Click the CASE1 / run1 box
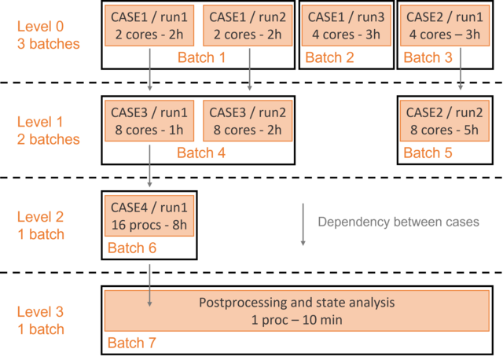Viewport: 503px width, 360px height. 149,26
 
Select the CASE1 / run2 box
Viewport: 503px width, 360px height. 248,26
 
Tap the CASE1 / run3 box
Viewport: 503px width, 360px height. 346,26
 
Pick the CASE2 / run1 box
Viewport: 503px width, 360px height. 445,26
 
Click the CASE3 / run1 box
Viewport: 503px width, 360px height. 149,121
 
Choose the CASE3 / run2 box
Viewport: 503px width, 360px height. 248,121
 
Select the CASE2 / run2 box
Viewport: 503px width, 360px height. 445,121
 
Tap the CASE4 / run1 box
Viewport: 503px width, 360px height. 149,216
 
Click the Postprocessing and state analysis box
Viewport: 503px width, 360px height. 297,311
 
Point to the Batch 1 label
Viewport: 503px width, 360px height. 201,57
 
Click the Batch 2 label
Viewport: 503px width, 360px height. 329,57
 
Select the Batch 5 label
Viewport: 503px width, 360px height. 428,152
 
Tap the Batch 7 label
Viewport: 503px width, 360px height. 132,343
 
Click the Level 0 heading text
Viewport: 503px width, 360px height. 40,27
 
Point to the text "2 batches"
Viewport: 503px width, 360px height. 49,140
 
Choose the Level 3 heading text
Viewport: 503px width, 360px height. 40,312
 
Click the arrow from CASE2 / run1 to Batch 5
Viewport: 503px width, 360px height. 461,69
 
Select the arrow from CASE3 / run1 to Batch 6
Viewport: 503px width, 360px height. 149,166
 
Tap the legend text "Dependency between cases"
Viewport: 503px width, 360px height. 398,222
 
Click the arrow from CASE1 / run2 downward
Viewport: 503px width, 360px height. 250,69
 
